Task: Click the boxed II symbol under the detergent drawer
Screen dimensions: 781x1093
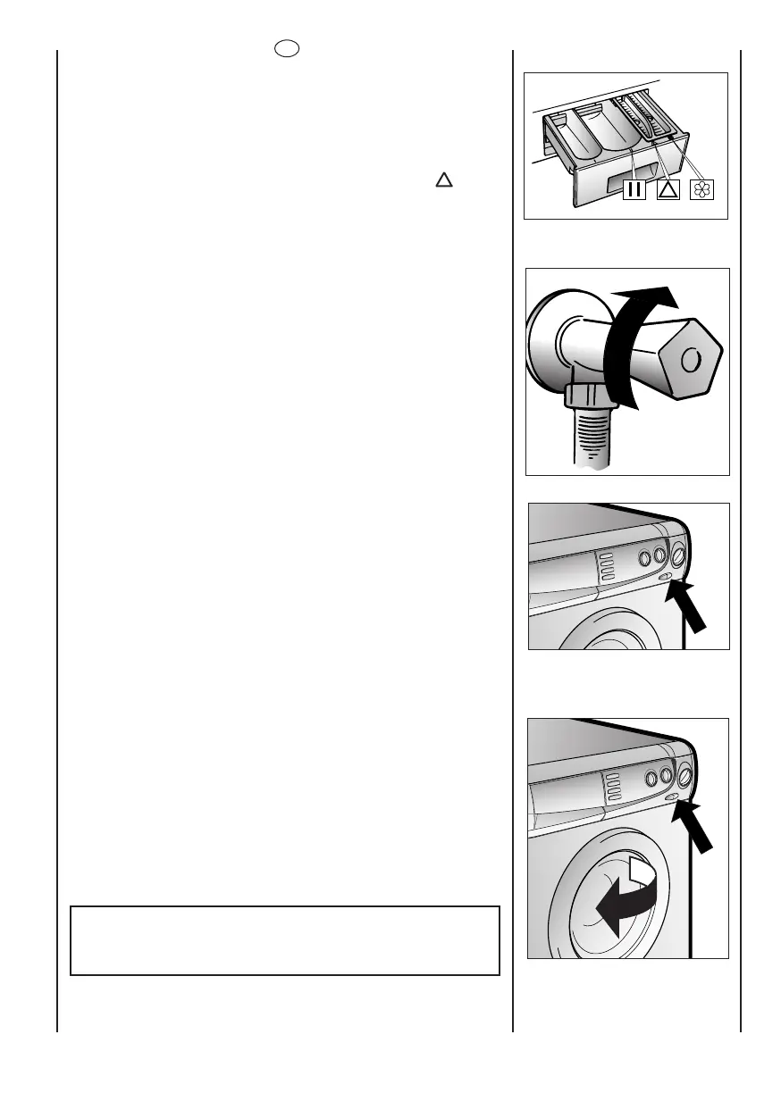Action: [634, 188]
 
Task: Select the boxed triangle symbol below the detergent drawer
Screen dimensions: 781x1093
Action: [668, 188]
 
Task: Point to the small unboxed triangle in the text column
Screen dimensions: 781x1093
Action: [442, 180]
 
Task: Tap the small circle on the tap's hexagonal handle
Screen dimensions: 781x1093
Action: [690, 360]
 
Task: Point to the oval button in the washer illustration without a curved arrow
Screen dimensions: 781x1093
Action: [667, 577]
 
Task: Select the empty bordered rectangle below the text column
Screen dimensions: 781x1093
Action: [284, 940]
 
